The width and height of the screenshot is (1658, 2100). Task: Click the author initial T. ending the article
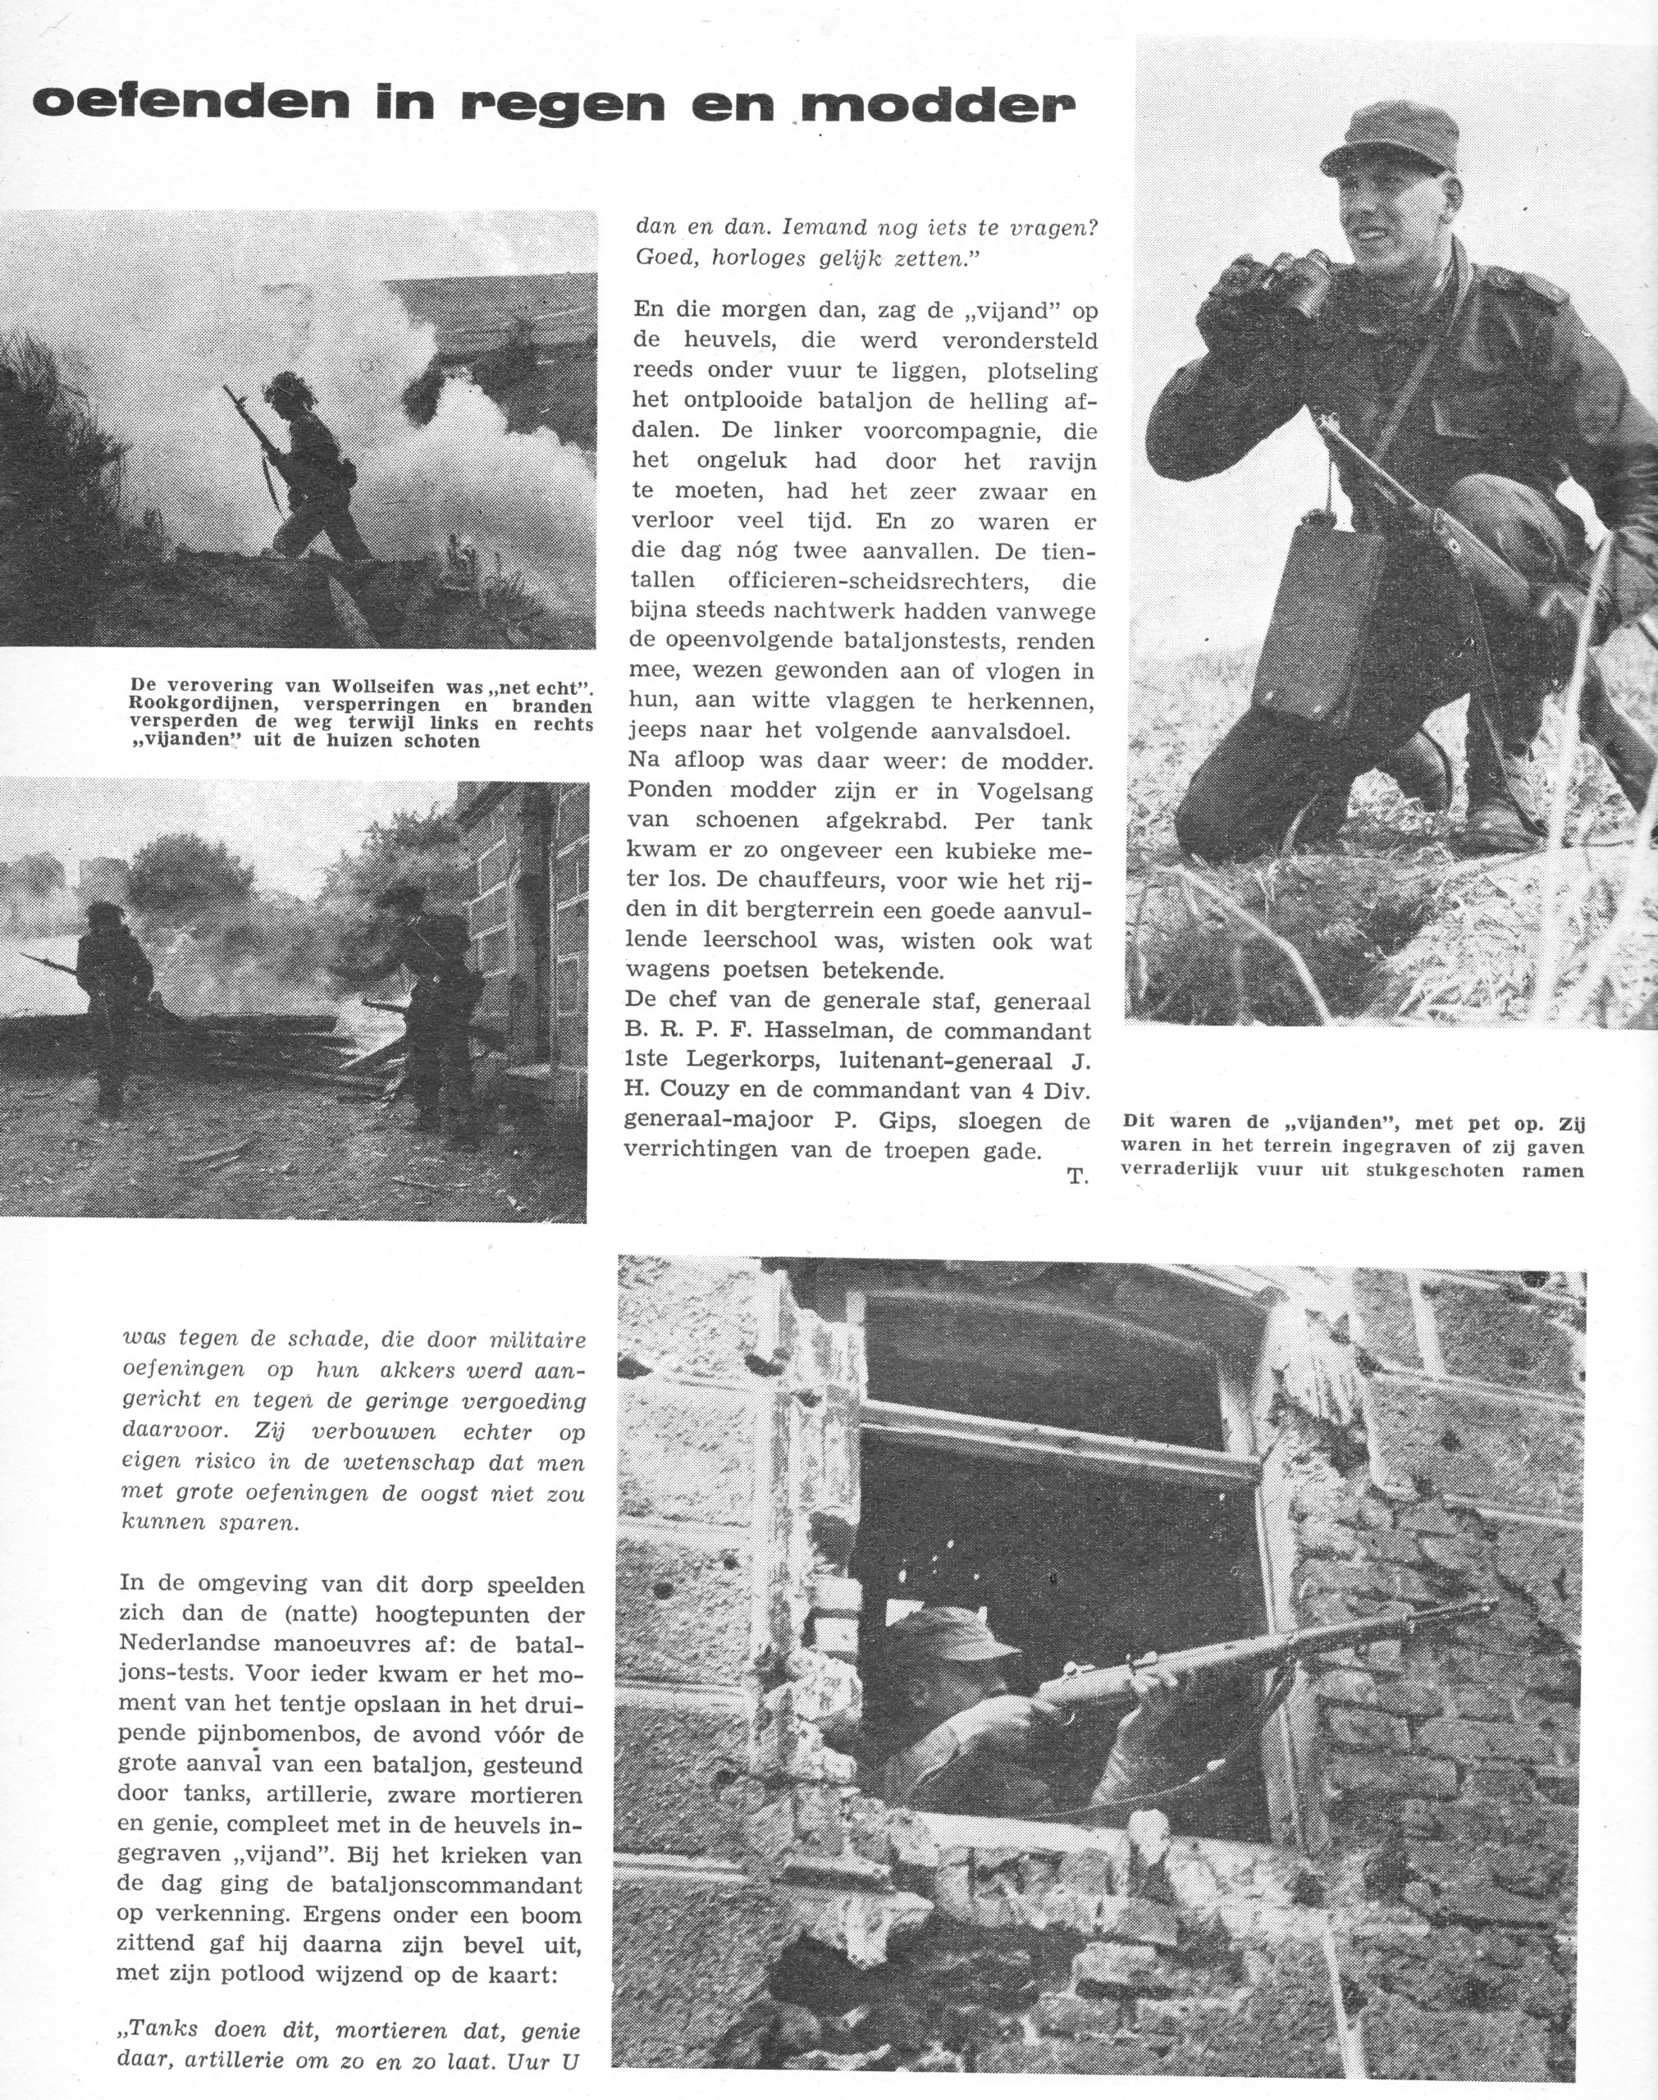point(1077,1176)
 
